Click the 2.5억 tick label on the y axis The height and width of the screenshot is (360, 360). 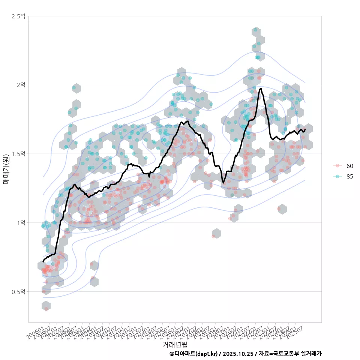click(x=18, y=16)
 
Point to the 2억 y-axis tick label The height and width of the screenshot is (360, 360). click(x=21, y=85)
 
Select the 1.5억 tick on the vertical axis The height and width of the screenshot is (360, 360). click(x=18, y=154)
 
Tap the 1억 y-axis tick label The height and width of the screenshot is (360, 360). click(x=21, y=223)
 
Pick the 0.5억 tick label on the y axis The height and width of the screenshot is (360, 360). click(x=18, y=291)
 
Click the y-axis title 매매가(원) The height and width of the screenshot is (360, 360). click(x=6, y=169)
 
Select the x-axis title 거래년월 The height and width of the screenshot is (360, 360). click(x=175, y=344)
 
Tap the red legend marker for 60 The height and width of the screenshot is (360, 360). click(x=337, y=166)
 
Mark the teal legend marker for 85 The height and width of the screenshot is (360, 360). click(x=337, y=177)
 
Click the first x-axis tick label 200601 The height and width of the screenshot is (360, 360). click(x=37, y=329)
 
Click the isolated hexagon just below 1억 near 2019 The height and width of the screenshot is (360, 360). click(x=216, y=233)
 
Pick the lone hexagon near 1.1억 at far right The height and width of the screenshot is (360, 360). click(x=282, y=209)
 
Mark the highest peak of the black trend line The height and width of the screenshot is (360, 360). click(x=260, y=88)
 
